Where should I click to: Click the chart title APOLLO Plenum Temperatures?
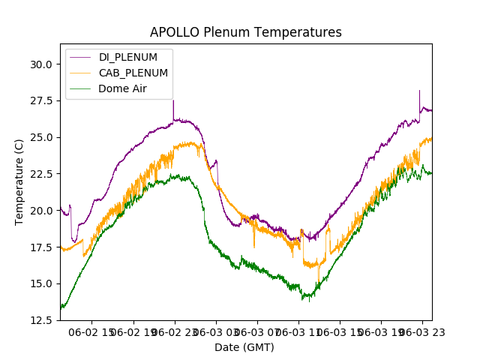point(245,32)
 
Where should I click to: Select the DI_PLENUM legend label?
point(128,57)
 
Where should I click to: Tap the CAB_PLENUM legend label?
point(133,73)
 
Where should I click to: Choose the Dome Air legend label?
point(123,88)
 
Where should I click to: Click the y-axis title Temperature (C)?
point(19,181)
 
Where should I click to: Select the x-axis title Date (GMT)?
point(244,347)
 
